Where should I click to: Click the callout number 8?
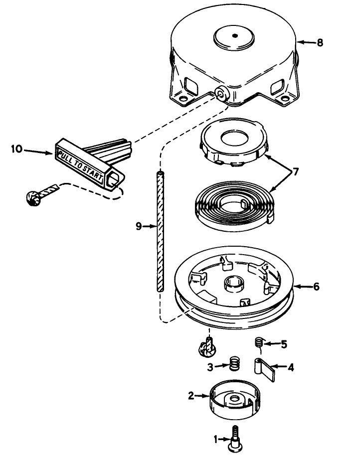(320, 43)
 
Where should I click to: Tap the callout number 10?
(17, 149)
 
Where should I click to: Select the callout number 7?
(295, 172)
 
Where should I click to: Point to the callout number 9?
(139, 227)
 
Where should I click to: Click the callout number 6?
(317, 287)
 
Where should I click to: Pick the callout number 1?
(216, 439)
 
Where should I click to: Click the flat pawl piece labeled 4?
(264, 369)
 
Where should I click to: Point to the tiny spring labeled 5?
(259, 343)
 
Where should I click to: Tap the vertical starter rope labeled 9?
(160, 232)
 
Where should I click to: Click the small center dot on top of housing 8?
(235, 36)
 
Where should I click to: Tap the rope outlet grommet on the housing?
(222, 94)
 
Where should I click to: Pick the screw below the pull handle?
(42, 194)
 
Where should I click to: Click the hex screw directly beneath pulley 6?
(207, 347)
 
